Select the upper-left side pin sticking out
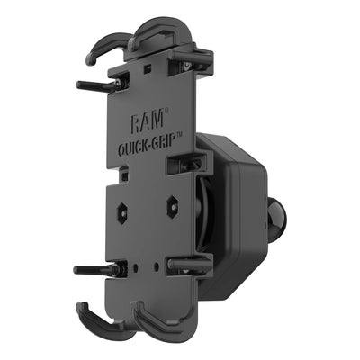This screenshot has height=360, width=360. point(97,86)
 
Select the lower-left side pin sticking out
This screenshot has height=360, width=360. point(95,269)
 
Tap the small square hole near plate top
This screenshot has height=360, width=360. point(145,68)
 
